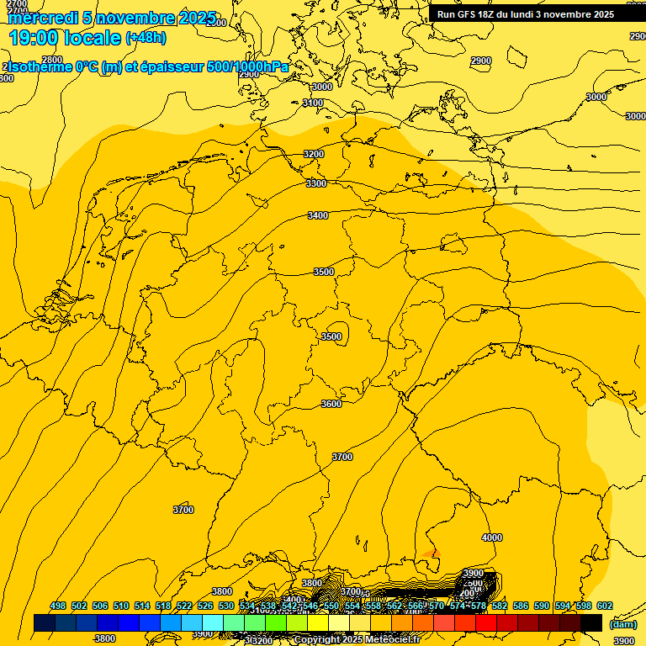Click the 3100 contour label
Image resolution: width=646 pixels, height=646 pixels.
[x=313, y=103]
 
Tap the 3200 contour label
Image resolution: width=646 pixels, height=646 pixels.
[x=314, y=154]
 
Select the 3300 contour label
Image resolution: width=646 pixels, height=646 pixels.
[x=316, y=183]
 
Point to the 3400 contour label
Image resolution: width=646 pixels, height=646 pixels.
[x=318, y=216]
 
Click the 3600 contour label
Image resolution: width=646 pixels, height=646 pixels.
[x=331, y=404]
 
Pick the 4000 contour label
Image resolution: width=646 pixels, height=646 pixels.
[x=491, y=537]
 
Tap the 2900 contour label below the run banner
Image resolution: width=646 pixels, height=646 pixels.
[x=481, y=61]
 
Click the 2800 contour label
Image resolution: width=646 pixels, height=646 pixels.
[x=52, y=60]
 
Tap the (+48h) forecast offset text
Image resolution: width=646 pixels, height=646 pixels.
[x=146, y=38]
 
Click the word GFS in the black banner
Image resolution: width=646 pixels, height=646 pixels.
[x=469, y=14]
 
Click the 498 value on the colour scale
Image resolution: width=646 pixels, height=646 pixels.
[x=58, y=606]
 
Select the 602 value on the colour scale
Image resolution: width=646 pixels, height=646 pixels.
[x=604, y=606]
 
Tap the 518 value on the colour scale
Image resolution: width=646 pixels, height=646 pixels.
[x=162, y=606]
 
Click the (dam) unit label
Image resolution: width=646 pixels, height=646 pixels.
[x=622, y=624]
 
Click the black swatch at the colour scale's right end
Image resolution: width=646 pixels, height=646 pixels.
[x=591, y=622]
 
